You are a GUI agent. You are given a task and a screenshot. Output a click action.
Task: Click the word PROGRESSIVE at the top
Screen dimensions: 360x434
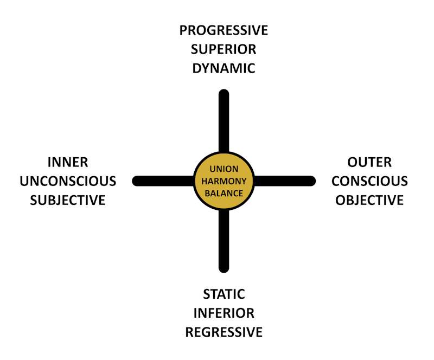coord(224,30)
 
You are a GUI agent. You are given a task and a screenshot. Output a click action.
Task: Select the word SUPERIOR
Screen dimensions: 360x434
coord(224,49)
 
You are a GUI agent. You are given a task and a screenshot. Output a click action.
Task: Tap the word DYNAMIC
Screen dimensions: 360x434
coord(224,69)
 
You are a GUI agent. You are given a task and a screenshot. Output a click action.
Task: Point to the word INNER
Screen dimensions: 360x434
coord(67,162)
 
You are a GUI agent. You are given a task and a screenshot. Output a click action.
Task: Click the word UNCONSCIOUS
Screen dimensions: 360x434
coord(67,181)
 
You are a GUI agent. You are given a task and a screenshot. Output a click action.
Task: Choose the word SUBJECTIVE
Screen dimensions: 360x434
coord(67,200)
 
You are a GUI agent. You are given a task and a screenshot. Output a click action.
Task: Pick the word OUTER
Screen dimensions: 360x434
coord(369,162)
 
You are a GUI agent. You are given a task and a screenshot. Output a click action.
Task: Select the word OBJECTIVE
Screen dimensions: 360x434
coord(369,200)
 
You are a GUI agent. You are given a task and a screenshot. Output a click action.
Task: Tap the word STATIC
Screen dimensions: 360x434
coord(224,294)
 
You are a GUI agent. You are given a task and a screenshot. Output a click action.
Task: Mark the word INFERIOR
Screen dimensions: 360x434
coord(224,313)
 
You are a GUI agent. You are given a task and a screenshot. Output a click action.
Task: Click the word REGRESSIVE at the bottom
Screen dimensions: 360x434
coord(224,332)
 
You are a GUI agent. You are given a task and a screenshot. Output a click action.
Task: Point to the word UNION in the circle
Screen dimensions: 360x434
coord(224,170)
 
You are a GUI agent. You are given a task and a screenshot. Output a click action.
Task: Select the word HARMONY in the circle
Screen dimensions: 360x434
coord(224,181)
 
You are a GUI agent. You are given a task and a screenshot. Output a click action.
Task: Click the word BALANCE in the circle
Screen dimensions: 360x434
coord(224,192)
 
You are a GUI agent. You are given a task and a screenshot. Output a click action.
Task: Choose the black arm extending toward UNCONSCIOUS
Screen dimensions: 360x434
coord(163,181)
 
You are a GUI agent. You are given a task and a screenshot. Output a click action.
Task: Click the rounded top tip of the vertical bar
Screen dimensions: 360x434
coord(224,94)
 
